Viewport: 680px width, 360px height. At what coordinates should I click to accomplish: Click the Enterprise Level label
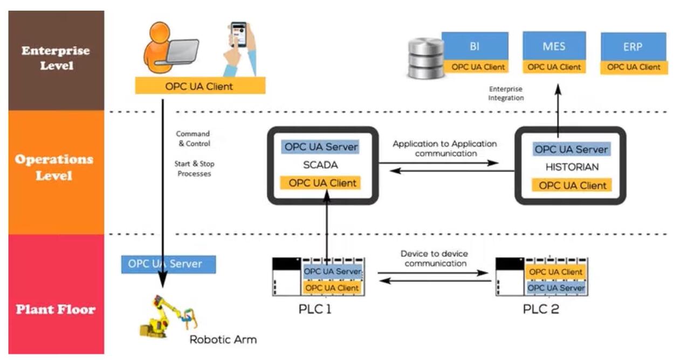(x=56, y=58)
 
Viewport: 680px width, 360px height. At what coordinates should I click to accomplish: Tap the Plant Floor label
(x=56, y=309)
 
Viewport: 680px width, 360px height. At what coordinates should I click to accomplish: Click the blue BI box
(x=475, y=46)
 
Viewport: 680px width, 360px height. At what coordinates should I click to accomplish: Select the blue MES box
(x=554, y=46)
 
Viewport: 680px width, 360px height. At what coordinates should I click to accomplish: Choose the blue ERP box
(x=633, y=47)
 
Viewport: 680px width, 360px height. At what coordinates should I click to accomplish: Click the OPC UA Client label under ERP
(x=634, y=67)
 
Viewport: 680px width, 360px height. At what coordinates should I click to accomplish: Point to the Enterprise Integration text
(x=506, y=93)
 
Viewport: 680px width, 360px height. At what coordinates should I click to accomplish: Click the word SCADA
(x=321, y=164)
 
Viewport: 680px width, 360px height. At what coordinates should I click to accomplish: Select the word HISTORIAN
(x=572, y=167)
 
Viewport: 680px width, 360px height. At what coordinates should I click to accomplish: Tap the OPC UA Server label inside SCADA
(x=321, y=147)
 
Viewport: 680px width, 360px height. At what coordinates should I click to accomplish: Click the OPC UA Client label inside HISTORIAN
(x=572, y=186)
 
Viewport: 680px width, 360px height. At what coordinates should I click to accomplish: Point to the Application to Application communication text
(x=445, y=149)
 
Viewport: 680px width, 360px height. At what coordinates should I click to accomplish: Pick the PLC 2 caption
(x=541, y=310)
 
